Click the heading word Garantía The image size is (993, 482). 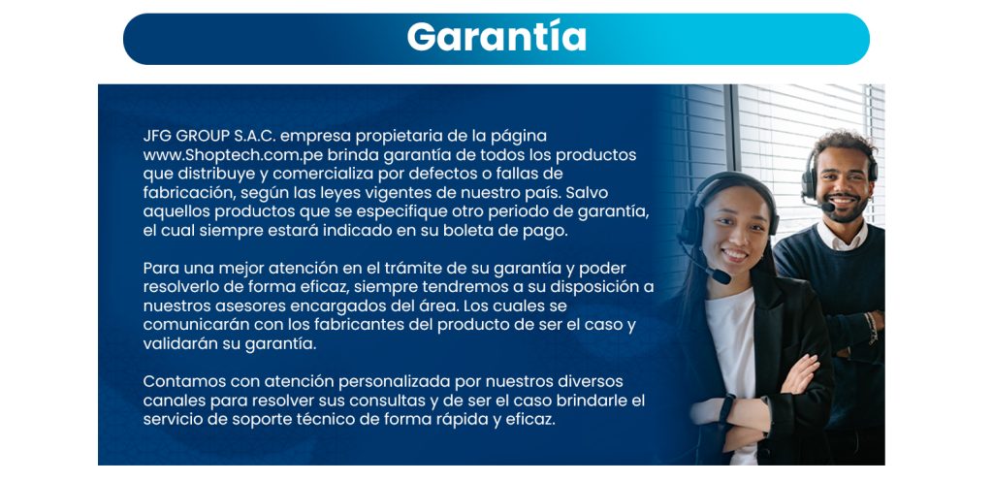click(496, 38)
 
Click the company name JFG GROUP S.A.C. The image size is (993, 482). click(209, 136)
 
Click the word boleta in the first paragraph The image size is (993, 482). click(465, 231)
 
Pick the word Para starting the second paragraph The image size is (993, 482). click(160, 268)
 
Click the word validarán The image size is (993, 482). click(178, 344)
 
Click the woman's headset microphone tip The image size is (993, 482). click(721, 276)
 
